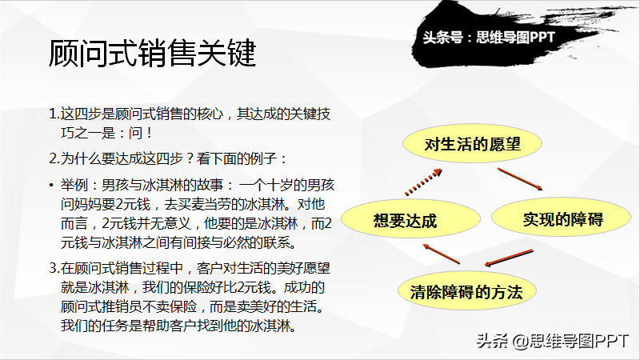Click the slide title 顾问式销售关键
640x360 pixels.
152,53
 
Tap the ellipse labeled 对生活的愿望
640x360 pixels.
472,144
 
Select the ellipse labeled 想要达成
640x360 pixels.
410,219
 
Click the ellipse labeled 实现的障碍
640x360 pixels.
562,218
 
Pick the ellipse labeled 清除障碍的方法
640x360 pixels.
467,291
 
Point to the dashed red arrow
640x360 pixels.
423,182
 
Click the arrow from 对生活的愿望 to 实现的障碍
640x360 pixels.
520,179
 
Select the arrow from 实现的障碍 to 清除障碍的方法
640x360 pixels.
509,258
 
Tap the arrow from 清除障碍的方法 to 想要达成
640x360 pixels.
442,254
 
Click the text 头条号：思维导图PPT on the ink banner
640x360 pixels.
489,38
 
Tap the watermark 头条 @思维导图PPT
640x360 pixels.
553,341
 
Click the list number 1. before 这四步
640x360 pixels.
54,114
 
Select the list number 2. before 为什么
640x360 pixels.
54,158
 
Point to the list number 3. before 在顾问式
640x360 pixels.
54,268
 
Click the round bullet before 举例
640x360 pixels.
51,186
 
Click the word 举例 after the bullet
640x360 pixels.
74,185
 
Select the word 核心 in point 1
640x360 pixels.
210,114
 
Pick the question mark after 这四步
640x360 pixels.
190,158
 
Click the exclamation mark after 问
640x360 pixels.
150,133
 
